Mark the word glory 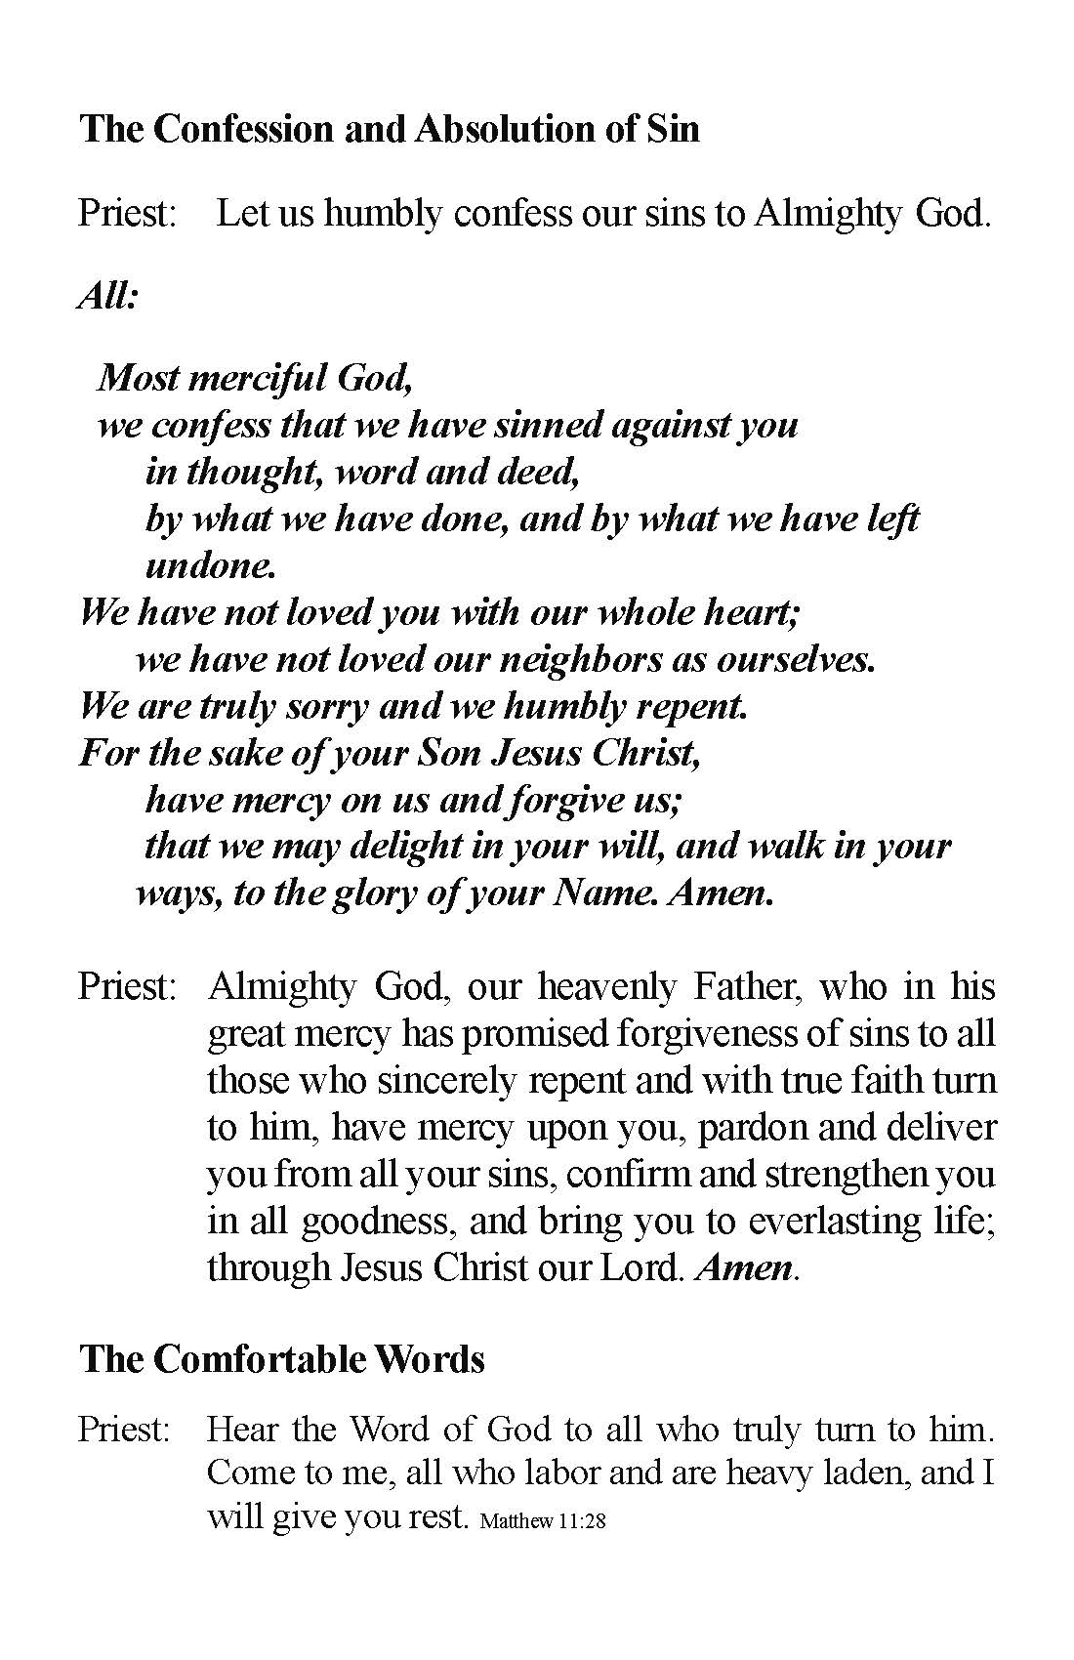[x=365, y=893]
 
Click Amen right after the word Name [x=719, y=893]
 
